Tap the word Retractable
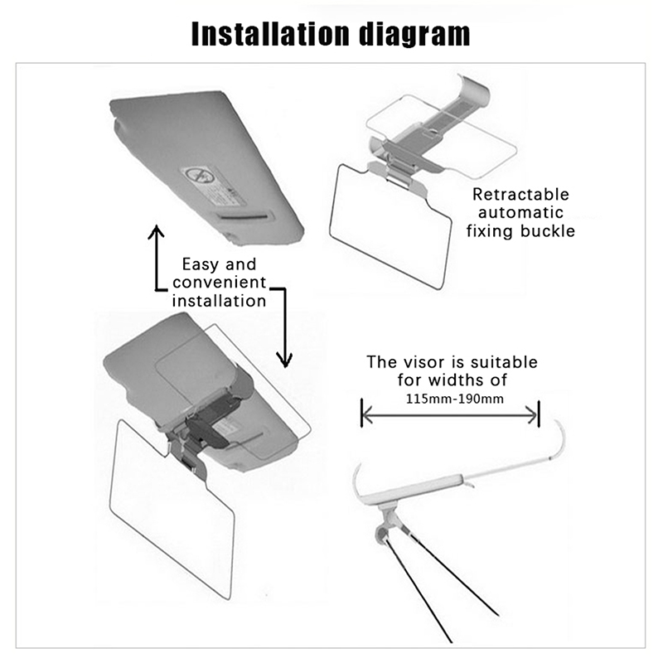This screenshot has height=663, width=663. [521, 195]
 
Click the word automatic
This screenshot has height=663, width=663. [521, 213]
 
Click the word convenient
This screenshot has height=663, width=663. [220, 283]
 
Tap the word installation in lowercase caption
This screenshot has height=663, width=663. [219, 301]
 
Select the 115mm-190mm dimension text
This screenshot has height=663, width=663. [454, 399]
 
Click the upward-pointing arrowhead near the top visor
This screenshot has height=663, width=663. [156, 231]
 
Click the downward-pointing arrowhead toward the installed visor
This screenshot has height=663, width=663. [284, 361]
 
